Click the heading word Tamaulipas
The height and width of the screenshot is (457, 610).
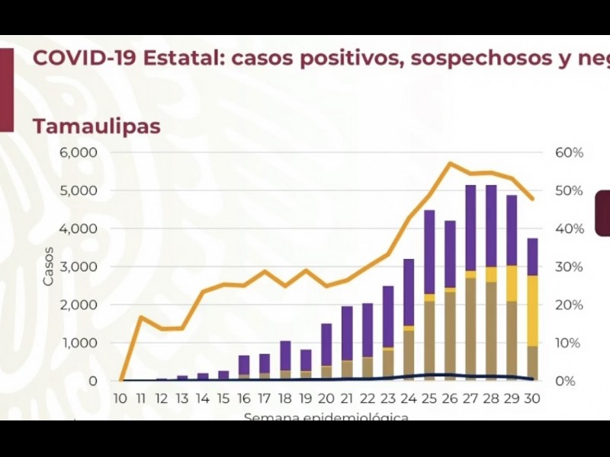click(96, 126)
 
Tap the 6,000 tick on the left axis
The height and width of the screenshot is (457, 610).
click(78, 152)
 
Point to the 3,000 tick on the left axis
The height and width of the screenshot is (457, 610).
click(78, 267)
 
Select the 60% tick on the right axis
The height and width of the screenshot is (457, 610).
click(569, 152)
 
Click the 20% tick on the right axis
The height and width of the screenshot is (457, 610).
click(569, 305)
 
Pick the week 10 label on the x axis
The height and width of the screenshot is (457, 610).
click(120, 398)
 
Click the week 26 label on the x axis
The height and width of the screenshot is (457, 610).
click(451, 398)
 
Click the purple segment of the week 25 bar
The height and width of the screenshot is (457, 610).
click(430, 251)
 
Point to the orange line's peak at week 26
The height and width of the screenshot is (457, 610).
click(451, 163)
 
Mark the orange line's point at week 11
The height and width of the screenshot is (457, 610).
click(140, 317)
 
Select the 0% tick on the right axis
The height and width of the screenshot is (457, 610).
click(565, 381)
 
